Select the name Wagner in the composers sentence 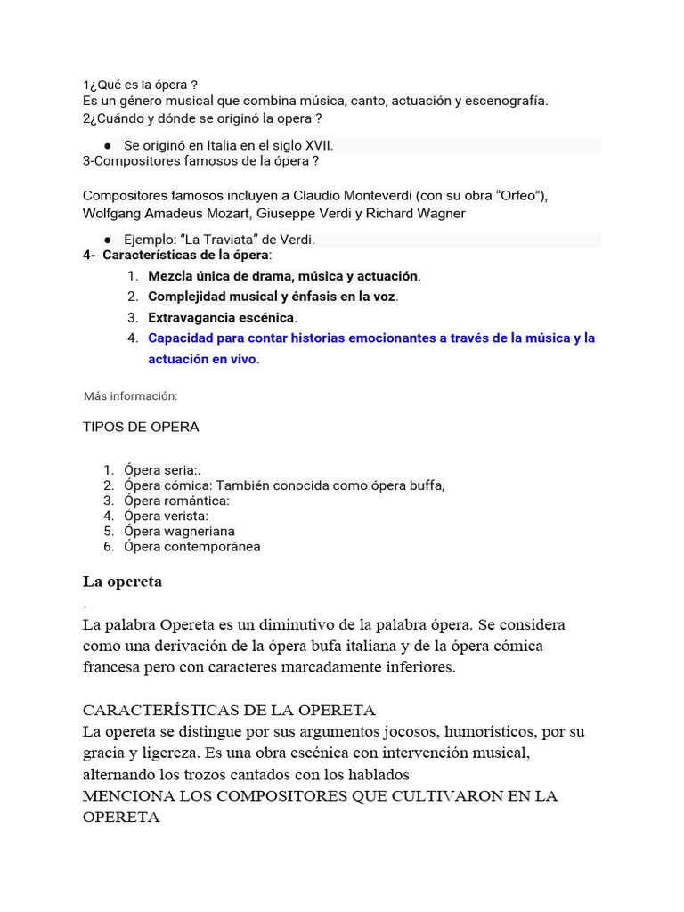coord(441,214)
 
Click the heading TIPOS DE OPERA coord(141,427)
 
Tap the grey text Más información coord(131,395)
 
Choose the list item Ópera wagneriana coord(180,531)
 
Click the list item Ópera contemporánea coord(192,546)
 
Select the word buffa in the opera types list coord(425,485)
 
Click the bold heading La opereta coord(122,582)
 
